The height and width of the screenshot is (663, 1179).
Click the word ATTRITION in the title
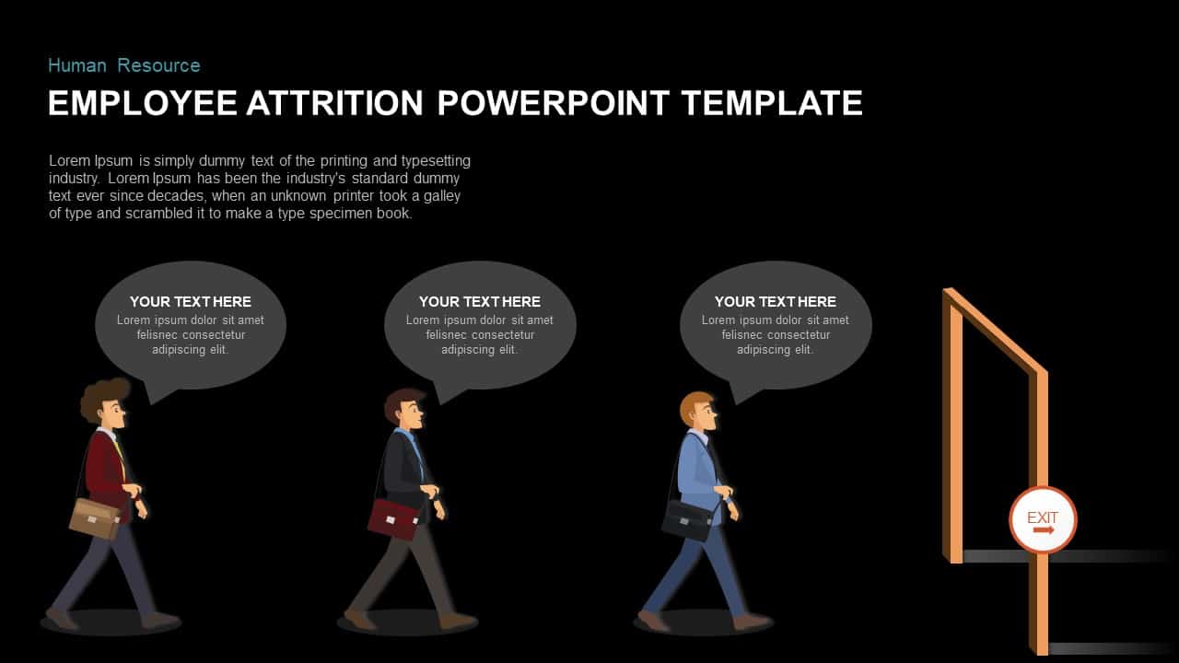click(x=334, y=102)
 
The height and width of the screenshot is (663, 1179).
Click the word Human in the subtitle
click(x=77, y=65)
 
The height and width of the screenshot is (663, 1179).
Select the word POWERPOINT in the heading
click(x=554, y=102)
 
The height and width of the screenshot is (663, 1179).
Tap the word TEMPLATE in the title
click(x=772, y=102)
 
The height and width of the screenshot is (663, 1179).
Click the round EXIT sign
click(x=1043, y=520)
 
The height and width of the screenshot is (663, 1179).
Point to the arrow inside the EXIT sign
click(x=1043, y=531)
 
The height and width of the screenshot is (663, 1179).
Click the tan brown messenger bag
click(x=94, y=518)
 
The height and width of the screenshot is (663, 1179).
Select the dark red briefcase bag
click(x=393, y=518)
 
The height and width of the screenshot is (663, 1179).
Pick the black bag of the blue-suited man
click(x=687, y=520)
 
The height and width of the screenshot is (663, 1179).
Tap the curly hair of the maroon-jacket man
click(x=101, y=396)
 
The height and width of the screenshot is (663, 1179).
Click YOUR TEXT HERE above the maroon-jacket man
click(x=190, y=301)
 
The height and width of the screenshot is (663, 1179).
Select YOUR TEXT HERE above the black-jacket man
click(x=479, y=301)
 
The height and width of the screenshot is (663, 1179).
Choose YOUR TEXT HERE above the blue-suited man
click(x=775, y=301)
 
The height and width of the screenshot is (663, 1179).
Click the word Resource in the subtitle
click(x=158, y=65)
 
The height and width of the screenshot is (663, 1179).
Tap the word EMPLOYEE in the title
click(x=142, y=102)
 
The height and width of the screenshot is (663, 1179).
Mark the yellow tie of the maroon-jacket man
click(x=119, y=450)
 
